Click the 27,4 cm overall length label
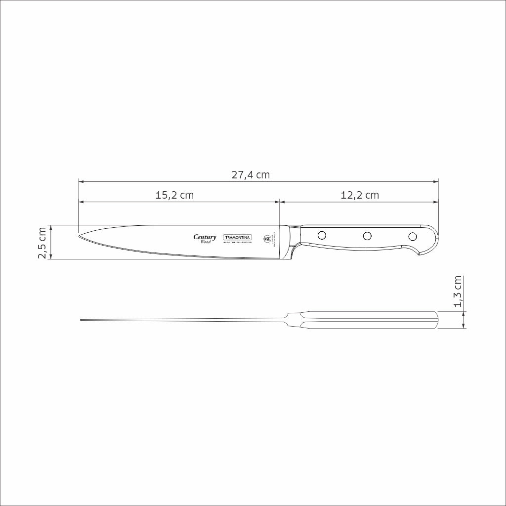tap(251, 174)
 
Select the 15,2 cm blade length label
tap(174, 195)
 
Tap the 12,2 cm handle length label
tap(360, 195)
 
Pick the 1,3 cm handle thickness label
tap(458, 292)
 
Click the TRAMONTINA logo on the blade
tap(238, 237)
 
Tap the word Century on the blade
tap(205, 237)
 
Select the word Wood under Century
tap(206, 242)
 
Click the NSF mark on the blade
tap(267, 238)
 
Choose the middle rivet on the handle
tap(367, 236)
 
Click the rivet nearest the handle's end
tap(413, 236)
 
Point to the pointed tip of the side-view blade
tap(80, 234)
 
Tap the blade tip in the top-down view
tap(82, 321)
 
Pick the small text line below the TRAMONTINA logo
tap(238, 243)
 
